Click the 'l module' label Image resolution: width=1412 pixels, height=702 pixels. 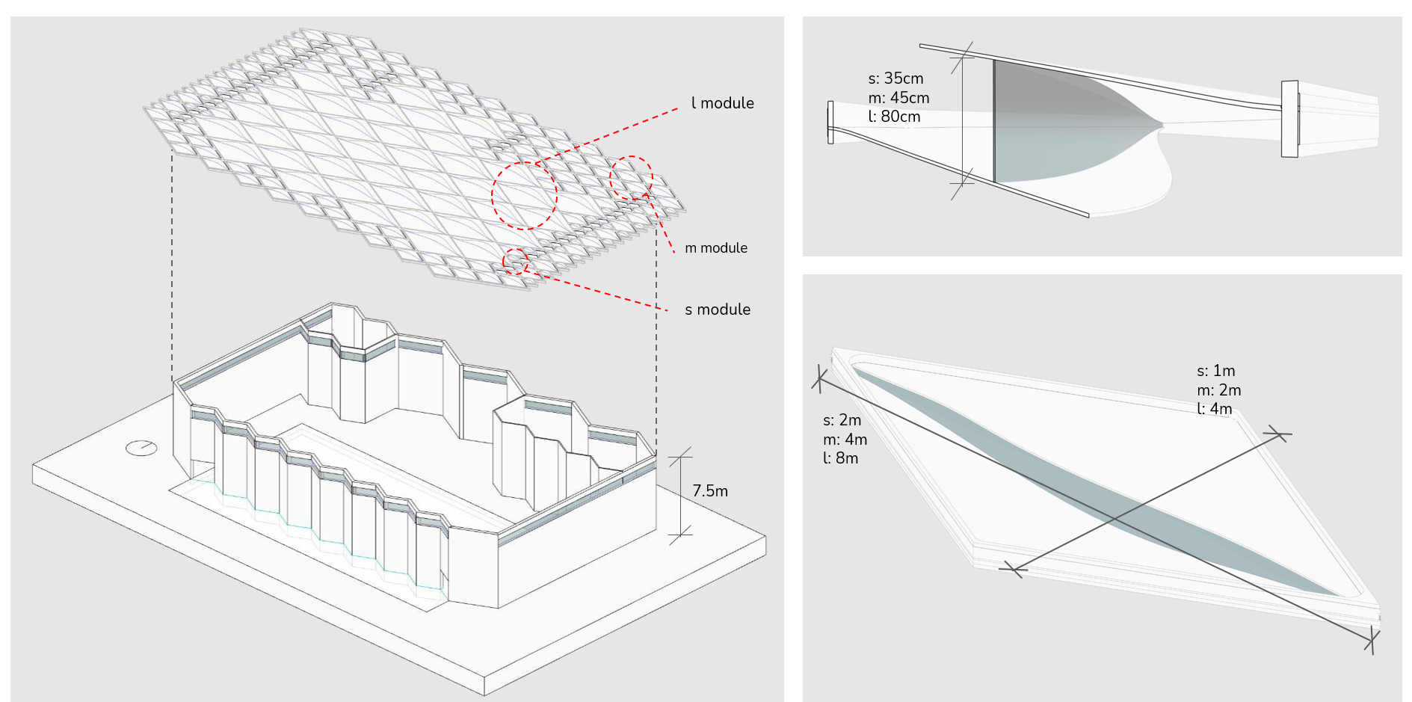pos(722,103)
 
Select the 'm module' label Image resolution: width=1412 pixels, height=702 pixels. pos(716,248)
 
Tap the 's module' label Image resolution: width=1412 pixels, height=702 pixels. pos(718,310)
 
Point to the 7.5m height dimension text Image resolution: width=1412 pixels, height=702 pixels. pos(709,491)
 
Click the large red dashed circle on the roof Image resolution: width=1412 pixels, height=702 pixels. pos(524,195)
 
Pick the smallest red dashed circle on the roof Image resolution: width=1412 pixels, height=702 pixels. pos(516,262)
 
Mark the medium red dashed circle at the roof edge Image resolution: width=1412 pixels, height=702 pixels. pos(632,178)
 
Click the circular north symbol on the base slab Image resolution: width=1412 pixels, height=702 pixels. pos(141,448)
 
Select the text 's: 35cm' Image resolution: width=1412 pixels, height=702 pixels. pos(895,78)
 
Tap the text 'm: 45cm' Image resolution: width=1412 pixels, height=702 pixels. pos(898,98)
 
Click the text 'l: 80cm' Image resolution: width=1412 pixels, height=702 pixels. pos(894,117)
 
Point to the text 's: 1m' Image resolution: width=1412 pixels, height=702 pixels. pos(1215,371)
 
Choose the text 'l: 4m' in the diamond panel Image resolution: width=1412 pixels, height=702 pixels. pos(1214,409)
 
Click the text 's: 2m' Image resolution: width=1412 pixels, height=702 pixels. pos(842,420)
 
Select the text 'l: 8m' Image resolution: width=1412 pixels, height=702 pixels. pos(840,458)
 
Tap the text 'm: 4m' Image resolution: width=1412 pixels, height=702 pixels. pos(845,440)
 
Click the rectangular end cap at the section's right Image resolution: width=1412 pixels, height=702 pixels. pos(1289,119)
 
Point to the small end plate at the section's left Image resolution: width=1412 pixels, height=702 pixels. pos(830,123)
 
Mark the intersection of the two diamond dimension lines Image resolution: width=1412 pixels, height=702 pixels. pos(1115,519)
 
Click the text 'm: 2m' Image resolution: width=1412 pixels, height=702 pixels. pos(1218,390)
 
